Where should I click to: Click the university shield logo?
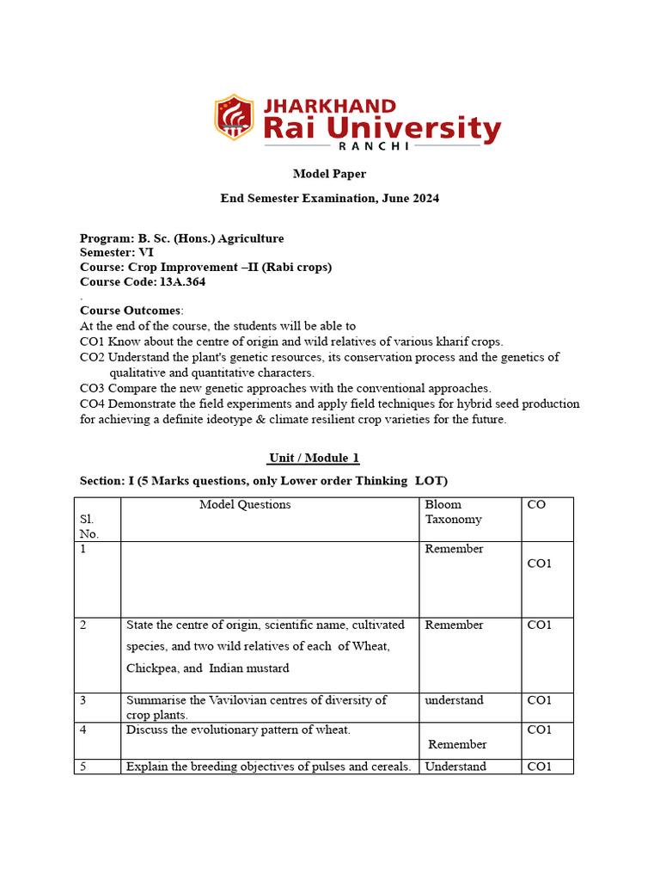click(x=234, y=118)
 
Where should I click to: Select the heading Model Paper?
click(x=329, y=174)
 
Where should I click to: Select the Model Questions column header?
click(x=245, y=505)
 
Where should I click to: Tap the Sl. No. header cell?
click(x=89, y=527)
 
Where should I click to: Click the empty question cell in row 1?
click(x=269, y=579)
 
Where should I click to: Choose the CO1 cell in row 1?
click(x=539, y=564)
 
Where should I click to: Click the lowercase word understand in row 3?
click(x=454, y=700)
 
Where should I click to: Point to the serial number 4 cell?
click(x=83, y=730)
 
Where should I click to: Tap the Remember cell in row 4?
click(x=457, y=744)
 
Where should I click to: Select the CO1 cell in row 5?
click(x=539, y=767)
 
